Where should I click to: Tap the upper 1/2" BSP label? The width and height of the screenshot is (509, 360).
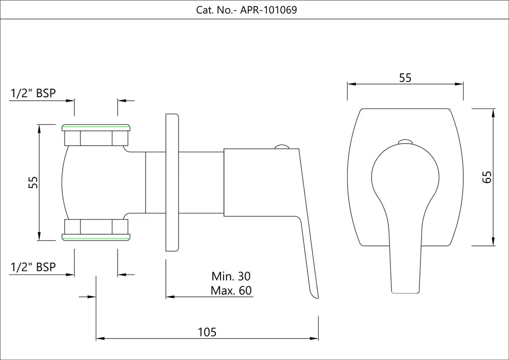click(33, 93)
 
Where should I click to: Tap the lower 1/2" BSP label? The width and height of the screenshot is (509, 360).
click(33, 267)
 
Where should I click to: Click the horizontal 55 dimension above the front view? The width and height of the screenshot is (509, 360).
click(405, 78)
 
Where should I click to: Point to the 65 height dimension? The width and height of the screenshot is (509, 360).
click(487, 177)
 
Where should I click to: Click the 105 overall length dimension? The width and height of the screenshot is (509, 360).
click(207, 332)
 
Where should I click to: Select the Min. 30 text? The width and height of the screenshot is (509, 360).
click(231, 276)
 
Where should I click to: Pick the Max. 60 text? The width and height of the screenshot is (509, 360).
click(231, 291)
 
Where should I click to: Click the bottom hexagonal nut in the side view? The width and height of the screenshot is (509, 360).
click(96, 226)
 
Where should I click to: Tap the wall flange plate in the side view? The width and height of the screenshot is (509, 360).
click(173, 182)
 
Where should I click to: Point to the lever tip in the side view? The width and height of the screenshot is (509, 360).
click(314, 295)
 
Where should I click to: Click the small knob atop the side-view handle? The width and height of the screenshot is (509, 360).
click(281, 147)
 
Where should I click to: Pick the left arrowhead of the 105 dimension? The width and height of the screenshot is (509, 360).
click(100, 338)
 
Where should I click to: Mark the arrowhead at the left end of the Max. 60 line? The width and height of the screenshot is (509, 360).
click(169, 296)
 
